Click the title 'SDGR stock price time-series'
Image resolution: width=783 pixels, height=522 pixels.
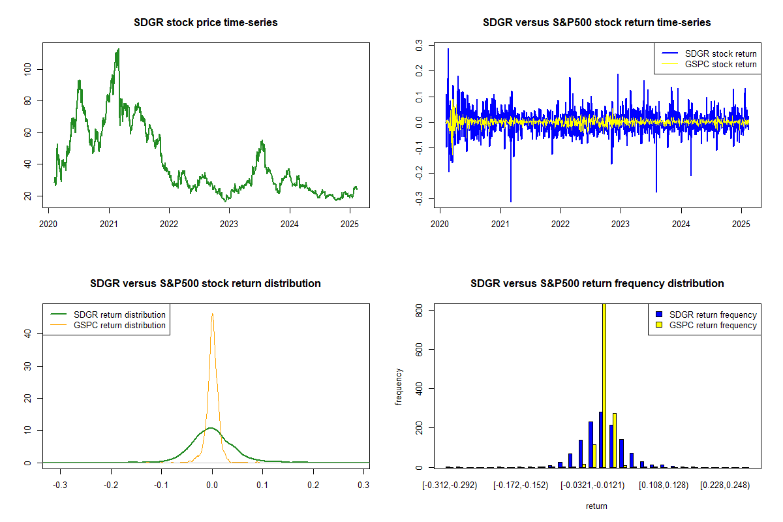point(206,23)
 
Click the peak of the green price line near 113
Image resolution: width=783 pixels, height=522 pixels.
point(118,50)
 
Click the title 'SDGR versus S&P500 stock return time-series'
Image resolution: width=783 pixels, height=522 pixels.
point(596,23)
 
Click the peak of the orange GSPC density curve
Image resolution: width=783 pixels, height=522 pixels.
point(212,315)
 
